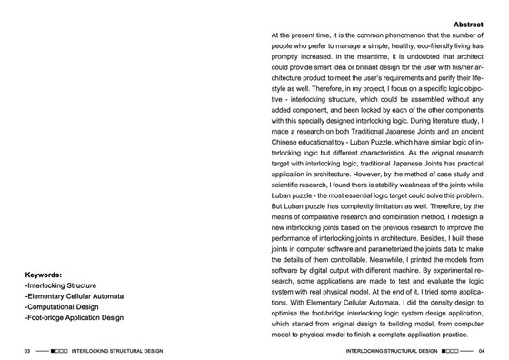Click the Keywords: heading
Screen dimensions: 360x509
(x=44, y=274)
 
